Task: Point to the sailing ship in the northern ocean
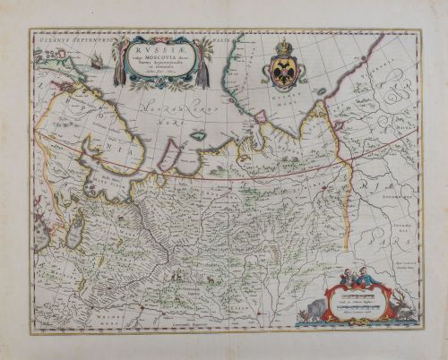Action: (x=95, y=62)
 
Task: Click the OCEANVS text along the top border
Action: (x=56, y=39)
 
